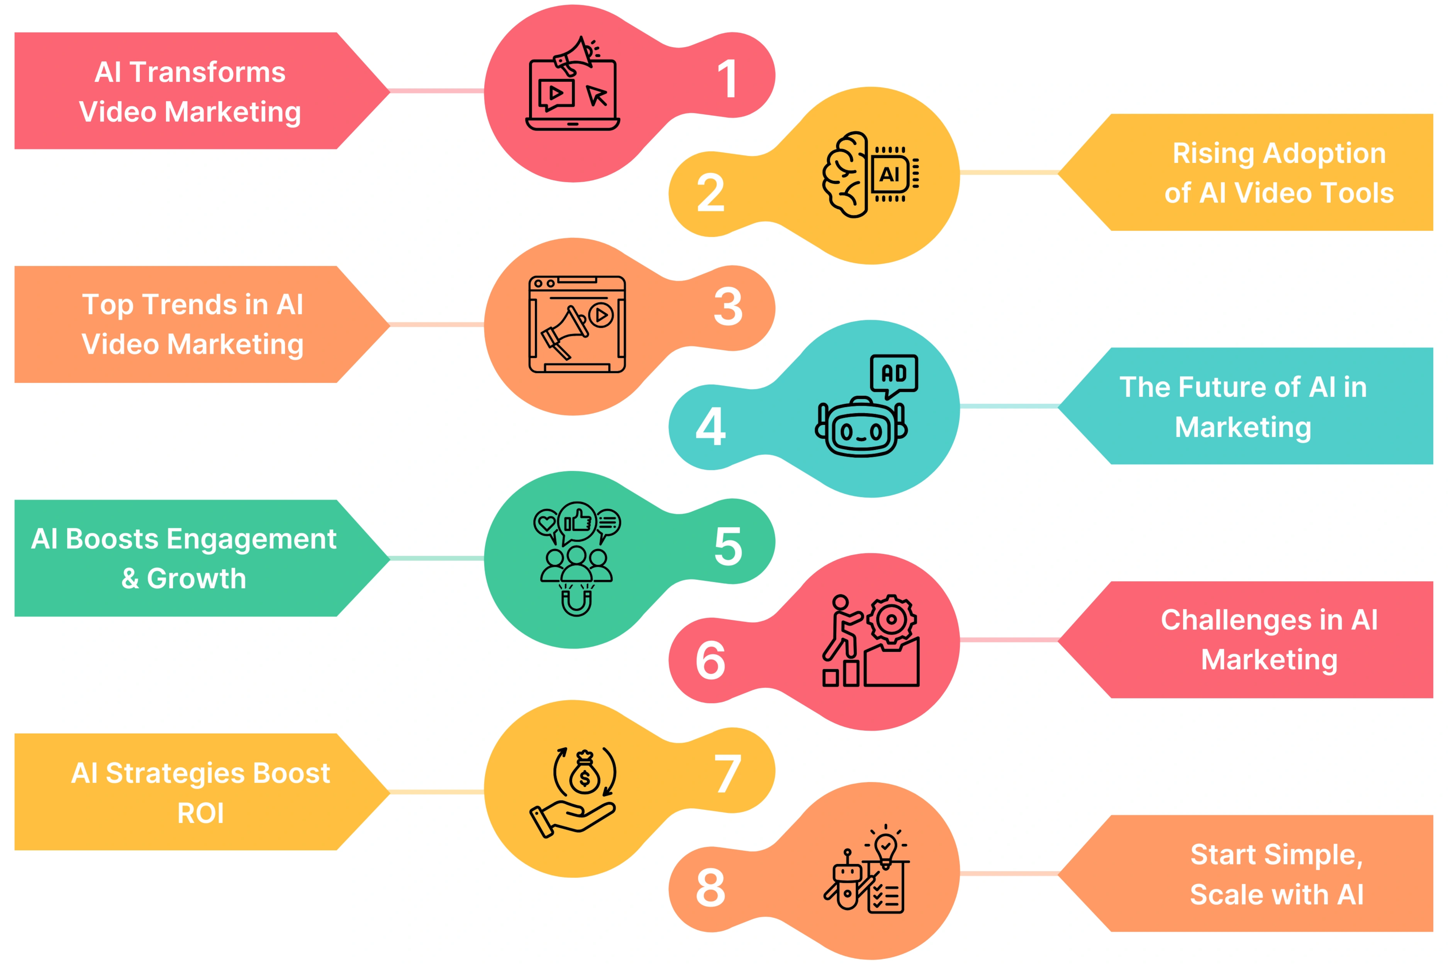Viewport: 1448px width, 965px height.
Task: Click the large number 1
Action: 727,78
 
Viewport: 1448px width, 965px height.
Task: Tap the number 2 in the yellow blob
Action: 711,193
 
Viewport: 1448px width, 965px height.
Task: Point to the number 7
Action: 727,773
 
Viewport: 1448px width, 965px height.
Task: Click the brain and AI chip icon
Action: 871,174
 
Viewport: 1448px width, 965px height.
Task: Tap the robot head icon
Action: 861,427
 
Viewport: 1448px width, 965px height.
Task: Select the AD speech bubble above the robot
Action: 894,375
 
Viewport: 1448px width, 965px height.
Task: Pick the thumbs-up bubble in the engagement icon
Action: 577,522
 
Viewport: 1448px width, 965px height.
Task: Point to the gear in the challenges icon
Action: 891,621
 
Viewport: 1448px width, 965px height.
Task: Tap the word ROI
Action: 201,813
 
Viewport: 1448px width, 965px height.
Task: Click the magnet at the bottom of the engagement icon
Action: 576,600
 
